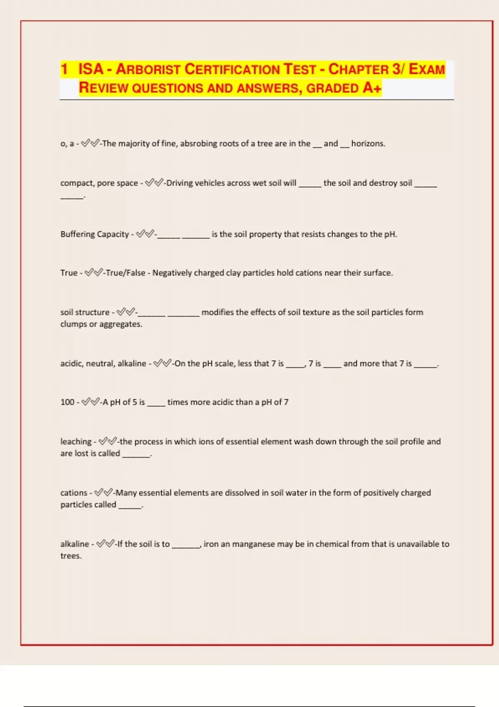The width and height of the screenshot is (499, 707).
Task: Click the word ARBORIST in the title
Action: (x=148, y=69)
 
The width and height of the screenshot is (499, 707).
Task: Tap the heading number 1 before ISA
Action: (x=64, y=69)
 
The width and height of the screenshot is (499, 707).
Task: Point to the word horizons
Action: (x=368, y=143)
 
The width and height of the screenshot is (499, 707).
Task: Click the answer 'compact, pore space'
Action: (x=99, y=183)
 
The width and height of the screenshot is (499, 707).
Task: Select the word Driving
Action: (x=180, y=183)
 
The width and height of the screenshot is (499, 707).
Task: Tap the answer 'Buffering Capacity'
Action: (x=94, y=234)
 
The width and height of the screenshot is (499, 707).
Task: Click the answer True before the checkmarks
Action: (x=69, y=273)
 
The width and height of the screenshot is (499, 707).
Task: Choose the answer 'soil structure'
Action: (x=85, y=312)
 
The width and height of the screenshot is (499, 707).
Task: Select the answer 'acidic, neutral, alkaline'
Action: (x=103, y=363)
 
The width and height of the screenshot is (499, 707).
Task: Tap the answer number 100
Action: (x=67, y=402)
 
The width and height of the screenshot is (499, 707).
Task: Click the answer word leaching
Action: (x=76, y=441)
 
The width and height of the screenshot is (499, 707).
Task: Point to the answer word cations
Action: (x=74, y=493)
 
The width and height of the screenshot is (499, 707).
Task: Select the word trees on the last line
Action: (x=70, y=556)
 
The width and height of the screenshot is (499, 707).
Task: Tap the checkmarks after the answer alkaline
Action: (x=105, y=544)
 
